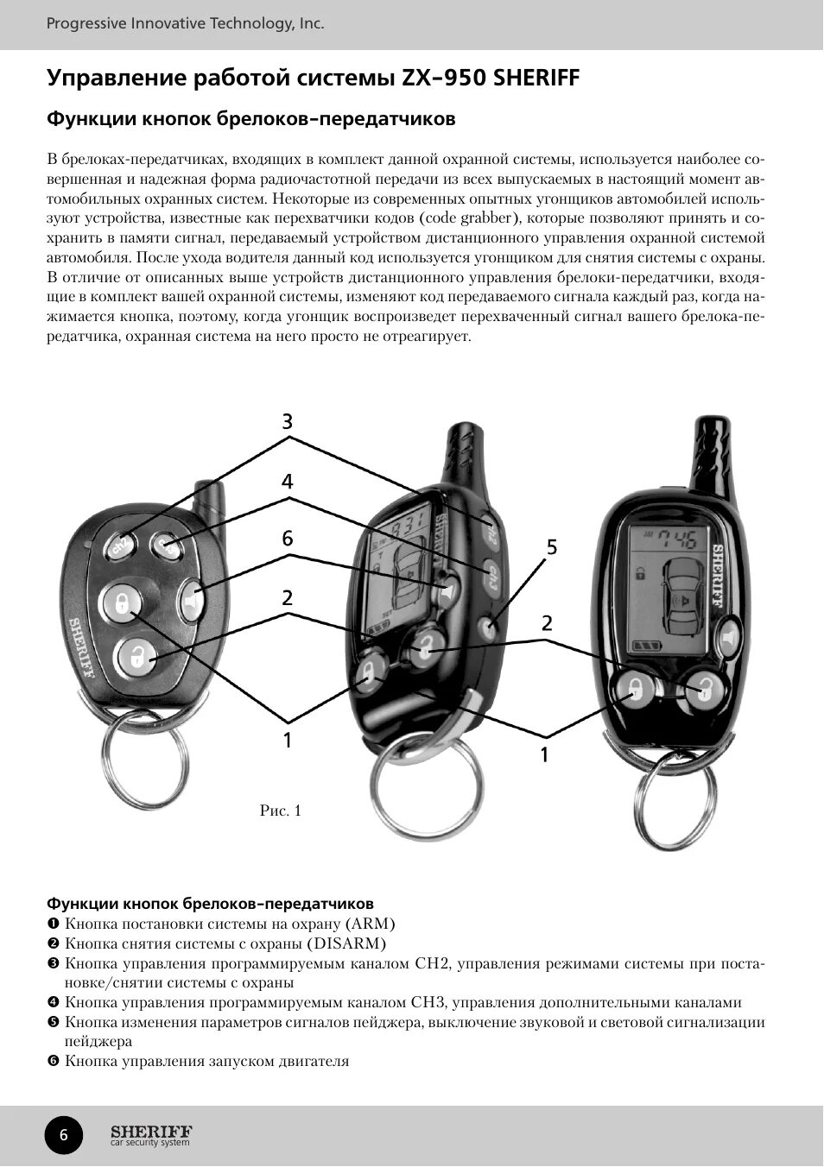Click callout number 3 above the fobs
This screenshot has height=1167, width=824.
click(288, 422)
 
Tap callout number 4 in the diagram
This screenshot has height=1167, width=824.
click(288, 482)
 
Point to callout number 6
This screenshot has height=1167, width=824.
click(288, 539)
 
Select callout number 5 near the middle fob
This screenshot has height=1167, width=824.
click(552, 547)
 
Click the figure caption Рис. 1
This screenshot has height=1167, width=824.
click(281, 811)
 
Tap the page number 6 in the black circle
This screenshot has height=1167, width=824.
click(63, 1135)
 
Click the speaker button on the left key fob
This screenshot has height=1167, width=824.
click(192, 599)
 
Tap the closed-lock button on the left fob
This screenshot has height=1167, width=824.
click(121, 602)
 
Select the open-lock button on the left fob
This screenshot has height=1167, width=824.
click(136, 658)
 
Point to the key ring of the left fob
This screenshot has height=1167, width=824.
click(145, 764)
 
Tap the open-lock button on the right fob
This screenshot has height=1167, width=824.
click(706, 688)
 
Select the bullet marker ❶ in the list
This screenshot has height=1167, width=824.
click(54, 924)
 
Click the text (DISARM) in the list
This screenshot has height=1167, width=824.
click(346, 943)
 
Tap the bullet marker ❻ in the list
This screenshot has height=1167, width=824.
click(54, 1061)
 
